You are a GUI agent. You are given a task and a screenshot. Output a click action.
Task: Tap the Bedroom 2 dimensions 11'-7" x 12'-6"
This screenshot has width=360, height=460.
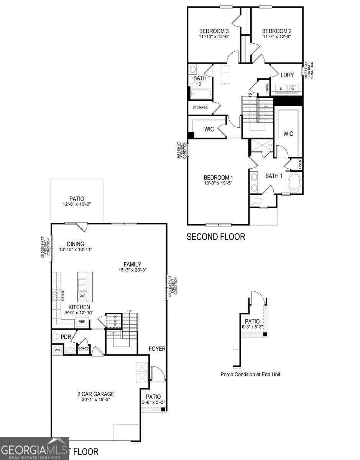[x=277, y=37]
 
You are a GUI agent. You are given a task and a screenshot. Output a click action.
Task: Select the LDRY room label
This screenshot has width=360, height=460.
[x=287, y=75]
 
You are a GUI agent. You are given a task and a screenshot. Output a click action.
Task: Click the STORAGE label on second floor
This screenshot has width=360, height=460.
[x=200, y=107]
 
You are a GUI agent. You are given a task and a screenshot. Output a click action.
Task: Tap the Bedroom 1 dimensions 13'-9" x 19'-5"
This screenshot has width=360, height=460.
[x=218, y=183]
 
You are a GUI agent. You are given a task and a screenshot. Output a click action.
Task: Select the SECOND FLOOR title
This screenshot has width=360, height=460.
[x=215, y=237]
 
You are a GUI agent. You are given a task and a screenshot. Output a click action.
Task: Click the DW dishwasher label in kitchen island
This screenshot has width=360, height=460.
[x=82, y=296]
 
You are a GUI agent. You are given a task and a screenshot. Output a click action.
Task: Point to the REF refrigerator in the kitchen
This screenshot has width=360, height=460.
[x=82, y=322]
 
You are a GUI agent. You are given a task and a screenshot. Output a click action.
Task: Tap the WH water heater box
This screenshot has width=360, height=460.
[x=58, y=350]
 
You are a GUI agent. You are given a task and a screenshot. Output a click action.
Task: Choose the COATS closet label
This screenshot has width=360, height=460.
[x=83, y=348]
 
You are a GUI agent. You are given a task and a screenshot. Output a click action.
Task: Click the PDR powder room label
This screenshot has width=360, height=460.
[x=66, y=337]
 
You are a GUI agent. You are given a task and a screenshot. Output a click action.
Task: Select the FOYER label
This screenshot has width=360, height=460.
[x=157, y=349]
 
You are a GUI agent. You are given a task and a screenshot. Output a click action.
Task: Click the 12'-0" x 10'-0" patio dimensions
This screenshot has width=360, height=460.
[x=77, y=205]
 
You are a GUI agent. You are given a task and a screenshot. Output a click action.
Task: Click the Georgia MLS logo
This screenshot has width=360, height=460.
[x=34, y=449]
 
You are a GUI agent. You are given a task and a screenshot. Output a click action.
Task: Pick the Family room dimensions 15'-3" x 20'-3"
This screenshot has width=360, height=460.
[x=132, y=270]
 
